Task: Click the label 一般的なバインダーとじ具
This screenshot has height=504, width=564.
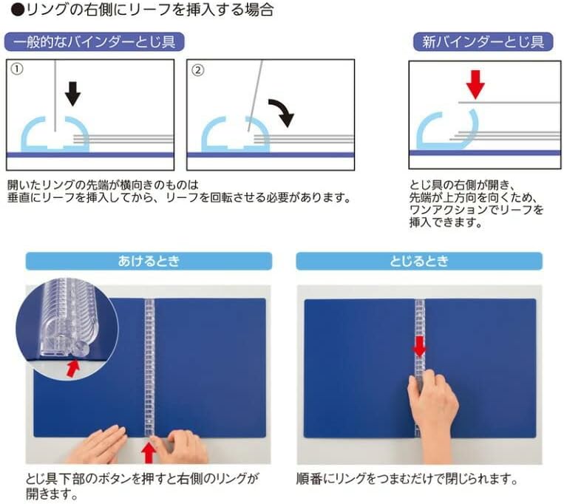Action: (x=95, y=41)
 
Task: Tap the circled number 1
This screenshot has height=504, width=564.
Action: (x=18, y=70)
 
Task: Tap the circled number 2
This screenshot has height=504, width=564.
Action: (x=197, y=70)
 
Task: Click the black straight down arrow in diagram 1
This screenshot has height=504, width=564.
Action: (x=72, y=93)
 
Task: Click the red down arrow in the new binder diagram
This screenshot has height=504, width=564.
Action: (x=475, y=84)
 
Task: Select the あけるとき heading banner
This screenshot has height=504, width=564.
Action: (x=148, y=261)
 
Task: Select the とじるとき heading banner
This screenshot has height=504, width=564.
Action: (x=419, y=261)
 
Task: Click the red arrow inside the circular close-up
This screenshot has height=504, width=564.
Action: (x=72, y=367)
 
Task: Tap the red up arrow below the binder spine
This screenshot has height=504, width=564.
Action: (x=150, y=450)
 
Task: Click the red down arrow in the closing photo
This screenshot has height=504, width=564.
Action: (x=419, y=345)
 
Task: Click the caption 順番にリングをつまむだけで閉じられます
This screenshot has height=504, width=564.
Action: (x=407, y=479)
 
